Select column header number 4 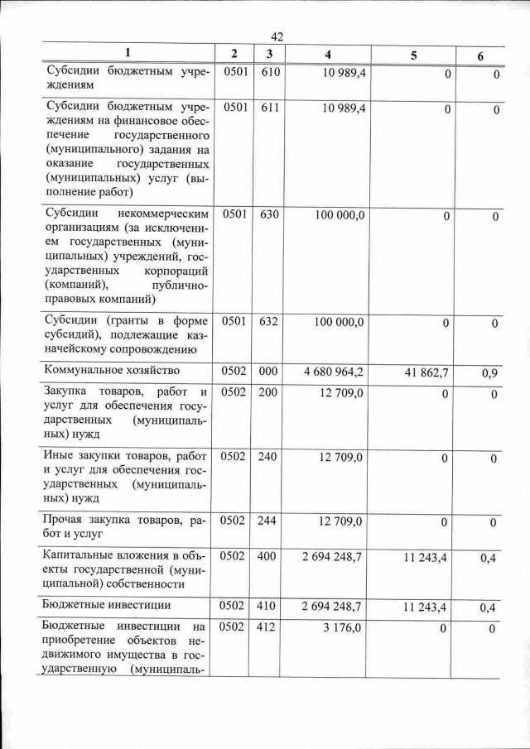tap(329, 54)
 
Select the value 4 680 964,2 tap(335, 372)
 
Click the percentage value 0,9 tap(489, 374)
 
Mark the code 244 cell tap(267, 521)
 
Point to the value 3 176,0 tap(344, 629)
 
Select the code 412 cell tap(267, 629)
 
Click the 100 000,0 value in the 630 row tap(340, 215)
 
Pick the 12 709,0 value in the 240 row tap(341, 458)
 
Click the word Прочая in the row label tap(68, 521)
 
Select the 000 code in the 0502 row tap(267, 372)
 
